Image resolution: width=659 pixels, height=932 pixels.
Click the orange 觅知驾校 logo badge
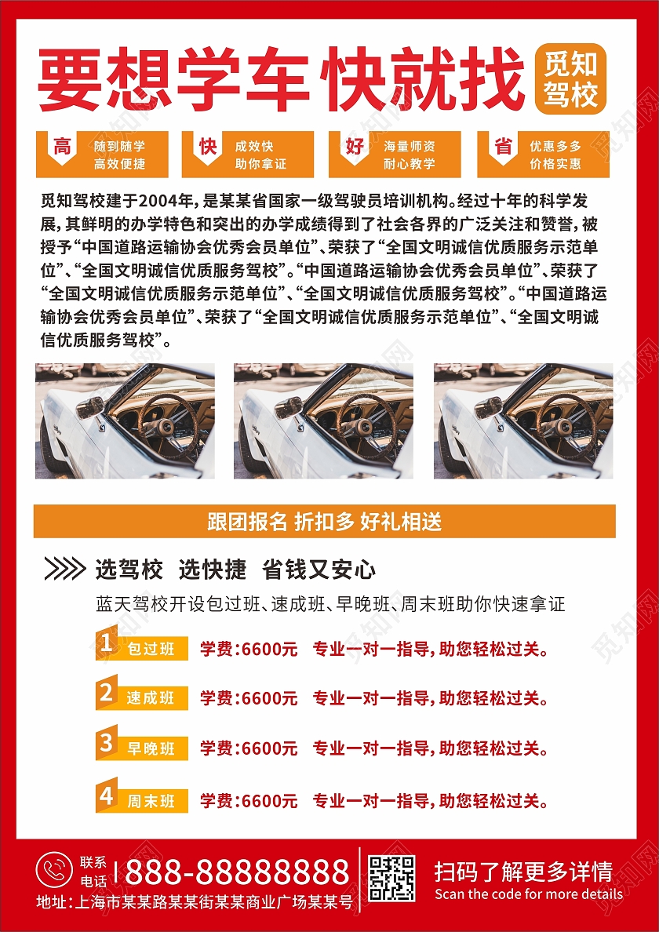(x=570, y=78)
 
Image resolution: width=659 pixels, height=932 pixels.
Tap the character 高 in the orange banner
(x=62, y=146)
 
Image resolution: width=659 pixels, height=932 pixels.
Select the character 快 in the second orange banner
(x=208, y=146)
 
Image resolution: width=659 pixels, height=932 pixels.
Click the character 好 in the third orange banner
(x=355, y=146)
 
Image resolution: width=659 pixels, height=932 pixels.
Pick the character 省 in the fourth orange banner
(x=504, y=146)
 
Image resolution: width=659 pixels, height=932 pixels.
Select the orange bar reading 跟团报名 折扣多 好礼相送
(x=325, y=521)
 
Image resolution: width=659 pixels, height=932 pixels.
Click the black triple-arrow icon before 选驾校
(x=65, y=570)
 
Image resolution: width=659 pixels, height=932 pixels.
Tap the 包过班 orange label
(x=142, y=647)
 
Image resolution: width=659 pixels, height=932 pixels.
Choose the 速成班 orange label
(x=142, y=697)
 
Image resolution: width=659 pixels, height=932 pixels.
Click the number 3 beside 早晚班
(x=107, y=743)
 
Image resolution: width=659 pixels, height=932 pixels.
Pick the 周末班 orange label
(x=142, y=799)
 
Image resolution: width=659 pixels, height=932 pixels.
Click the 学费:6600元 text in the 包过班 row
(x=249, y=649)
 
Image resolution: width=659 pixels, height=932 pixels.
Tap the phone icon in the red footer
(x=54, y=870)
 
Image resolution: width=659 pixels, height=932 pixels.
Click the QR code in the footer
(x=391, y=878)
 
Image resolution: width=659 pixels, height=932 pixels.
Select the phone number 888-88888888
(x=237, y=872)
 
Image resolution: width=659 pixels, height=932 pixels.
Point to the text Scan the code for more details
(x=528, y=894)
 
